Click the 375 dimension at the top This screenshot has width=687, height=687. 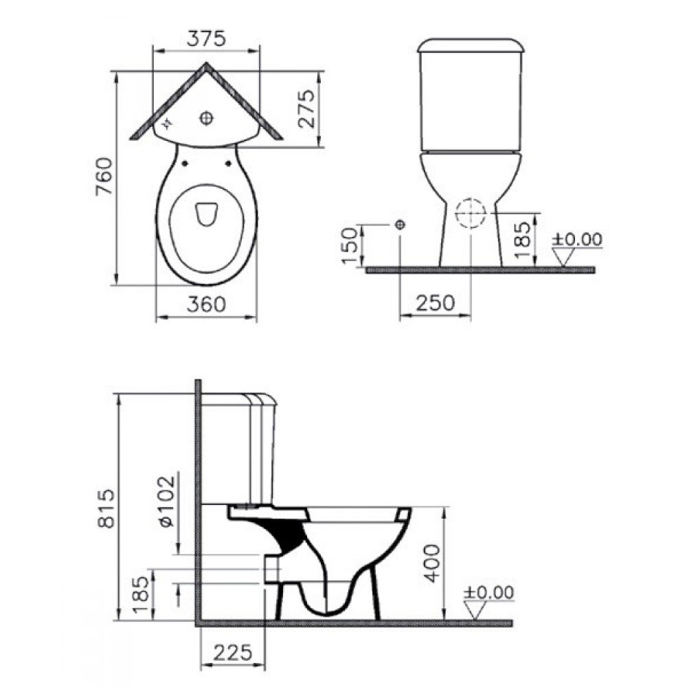point(206,39)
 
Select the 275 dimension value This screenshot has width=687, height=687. point(306,109)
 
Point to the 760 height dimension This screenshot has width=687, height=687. point(102,177)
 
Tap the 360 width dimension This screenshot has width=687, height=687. point(205,303)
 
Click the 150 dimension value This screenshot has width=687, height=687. point(350,245)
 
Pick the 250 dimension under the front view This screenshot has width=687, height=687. point(434,302)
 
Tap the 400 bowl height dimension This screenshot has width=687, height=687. point(431,563)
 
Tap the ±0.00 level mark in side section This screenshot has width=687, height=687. point(488,593)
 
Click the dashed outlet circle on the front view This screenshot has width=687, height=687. point(471,214)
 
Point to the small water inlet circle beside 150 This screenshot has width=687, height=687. point(401,225)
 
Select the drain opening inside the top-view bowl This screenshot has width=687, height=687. point(205,214)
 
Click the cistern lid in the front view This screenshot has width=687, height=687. point(471,45)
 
